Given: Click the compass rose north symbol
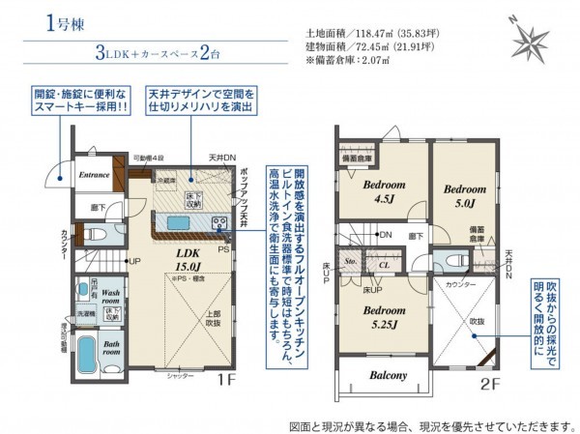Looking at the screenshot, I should click(530, 42).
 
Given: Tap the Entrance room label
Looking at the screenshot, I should click(94, 175).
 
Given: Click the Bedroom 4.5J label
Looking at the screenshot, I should click(385, 190).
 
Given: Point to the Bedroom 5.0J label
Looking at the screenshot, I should click(462, 196).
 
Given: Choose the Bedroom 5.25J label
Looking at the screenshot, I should click(385, 318).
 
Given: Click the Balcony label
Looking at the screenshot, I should click(386, 375).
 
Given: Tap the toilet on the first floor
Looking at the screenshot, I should click(93, 235).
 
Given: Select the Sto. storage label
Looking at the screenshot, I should click(352, 261).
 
